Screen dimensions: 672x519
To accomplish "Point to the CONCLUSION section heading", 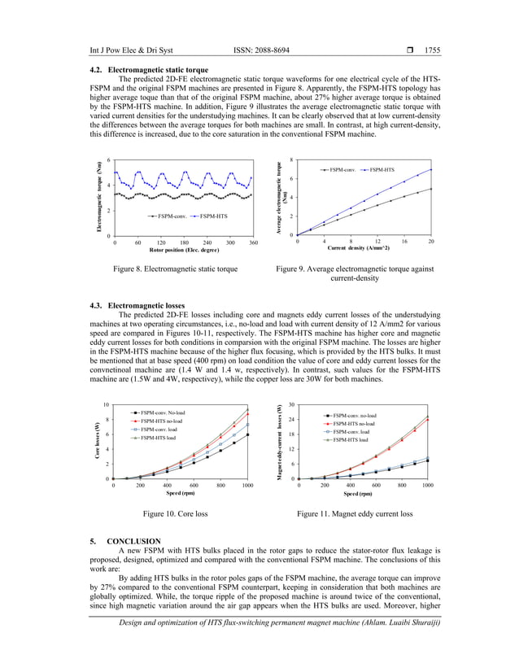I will coord(133,541).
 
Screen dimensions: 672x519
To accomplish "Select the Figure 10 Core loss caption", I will coord(175,514).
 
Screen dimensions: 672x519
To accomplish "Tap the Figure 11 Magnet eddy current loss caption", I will coord(355,514).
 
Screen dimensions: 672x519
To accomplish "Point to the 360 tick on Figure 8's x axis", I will coord(253,242).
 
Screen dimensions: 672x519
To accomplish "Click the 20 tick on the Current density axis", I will coord(430,241).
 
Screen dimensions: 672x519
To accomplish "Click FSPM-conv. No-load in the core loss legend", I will coord(162,413).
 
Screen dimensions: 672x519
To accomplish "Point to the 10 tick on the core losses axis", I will coord(106,404).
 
